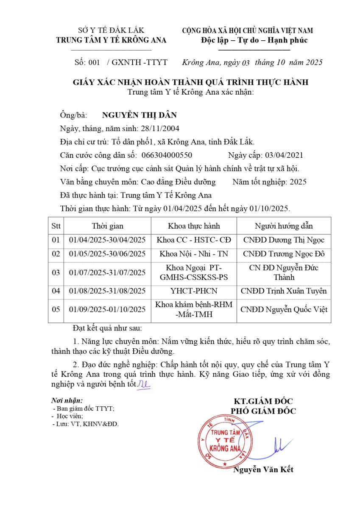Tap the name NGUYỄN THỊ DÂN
139,115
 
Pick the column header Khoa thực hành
194,226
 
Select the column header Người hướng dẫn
284,226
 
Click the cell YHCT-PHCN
194,291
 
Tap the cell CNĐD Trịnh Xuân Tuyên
284,291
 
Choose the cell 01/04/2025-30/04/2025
107,240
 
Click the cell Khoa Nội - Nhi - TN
194,254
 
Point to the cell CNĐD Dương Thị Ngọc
284,240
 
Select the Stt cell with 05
56,309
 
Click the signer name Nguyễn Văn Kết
263,470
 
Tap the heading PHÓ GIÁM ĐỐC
263,411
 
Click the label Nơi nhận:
67,400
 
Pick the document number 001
94,62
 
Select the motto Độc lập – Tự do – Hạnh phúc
254,40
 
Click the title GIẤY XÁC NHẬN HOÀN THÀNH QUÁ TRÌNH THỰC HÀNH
190,82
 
